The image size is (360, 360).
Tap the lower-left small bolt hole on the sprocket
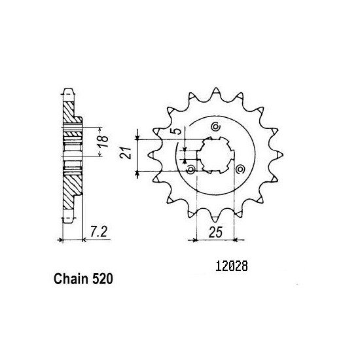coord(191,170)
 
